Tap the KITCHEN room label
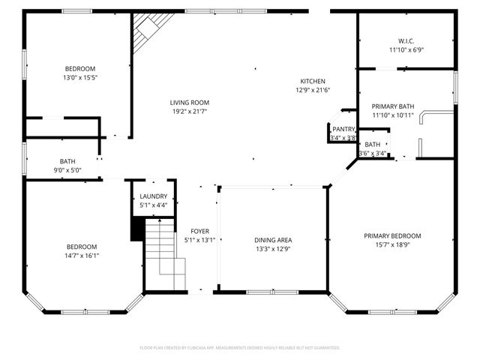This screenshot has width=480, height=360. [x=313, y=81]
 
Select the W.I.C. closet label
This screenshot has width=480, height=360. [x=406, y=40]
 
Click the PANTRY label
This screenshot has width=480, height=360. [x=343, y=130]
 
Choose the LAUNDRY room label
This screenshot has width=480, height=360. [x=154, y=195]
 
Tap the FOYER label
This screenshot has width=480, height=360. [x=200, y=231]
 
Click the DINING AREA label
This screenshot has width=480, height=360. [x=273, y=240]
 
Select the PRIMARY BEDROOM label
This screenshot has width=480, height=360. [x=392, y=235]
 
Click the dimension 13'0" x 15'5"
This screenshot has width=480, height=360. [x=79, y=77]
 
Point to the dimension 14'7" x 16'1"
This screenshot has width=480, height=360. [x=81, y=256]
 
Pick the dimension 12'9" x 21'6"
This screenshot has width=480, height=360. [x=313, y=90]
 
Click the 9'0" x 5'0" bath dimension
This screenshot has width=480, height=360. [x=66, y=170]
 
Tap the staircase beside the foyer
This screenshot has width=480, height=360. [x=165, y=255]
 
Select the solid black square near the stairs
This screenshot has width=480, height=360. [x=137, y=229]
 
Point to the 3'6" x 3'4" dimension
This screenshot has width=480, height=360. [x=373, y=153]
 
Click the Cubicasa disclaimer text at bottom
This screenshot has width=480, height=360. [x=240, y=348]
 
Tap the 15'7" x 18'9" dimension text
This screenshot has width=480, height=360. [x=392, y=244]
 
